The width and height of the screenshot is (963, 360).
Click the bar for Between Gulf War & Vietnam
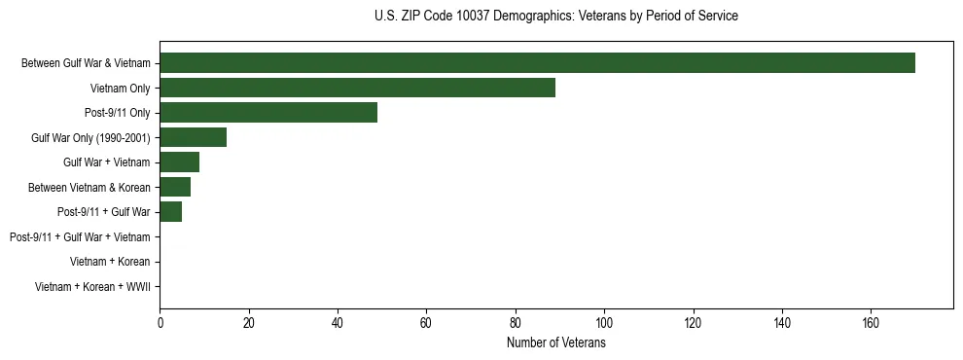tap(537, 63)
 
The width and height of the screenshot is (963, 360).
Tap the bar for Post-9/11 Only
tap(268, 113)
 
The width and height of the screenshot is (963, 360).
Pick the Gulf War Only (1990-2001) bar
tap(193, 137)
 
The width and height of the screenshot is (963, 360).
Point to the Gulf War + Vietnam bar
tap(179, 162)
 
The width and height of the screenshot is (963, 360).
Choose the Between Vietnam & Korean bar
tap(175, 187)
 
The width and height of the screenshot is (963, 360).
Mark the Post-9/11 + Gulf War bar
tap(170, 212)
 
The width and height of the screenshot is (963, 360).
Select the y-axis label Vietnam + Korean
tap(110, 262)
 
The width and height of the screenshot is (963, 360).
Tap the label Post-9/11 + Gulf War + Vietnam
tap(80, 237)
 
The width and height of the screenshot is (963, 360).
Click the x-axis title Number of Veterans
tap(556, 343)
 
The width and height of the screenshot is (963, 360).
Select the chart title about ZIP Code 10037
tap(555, 17)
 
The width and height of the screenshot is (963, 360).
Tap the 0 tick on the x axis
tap(160, 324)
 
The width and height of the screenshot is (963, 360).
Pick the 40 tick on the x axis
tap(338, 324)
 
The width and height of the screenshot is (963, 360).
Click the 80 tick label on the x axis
tap(516, 324)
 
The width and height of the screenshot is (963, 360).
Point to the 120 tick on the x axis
tap(694, 324)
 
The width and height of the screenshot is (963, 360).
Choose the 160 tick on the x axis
tap(871, 324)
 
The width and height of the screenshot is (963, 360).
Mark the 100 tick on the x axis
tap(604, 324)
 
